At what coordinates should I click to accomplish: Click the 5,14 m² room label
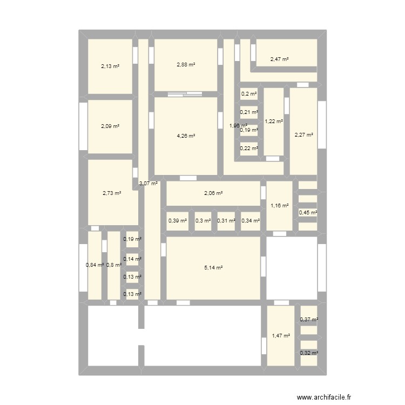pyautogui.click(x=213, y=267)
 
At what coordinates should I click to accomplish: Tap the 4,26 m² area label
pyautogui.click(x=186, y=136)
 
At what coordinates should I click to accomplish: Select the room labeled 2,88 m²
pyautogui.click(x=186, y=65)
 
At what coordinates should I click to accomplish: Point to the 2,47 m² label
pyautogui.click(x=279, y=59)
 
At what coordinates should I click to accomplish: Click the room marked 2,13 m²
pyautogui.click(x=110, y=66)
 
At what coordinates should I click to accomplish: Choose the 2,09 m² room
pyautogui.click(x=110, y=126)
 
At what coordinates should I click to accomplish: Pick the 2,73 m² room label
pyautogui.click(x=112, y=193)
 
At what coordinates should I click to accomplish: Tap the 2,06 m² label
pyautogui.click(x=213, y=193)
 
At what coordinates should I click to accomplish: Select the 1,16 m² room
pyautogui.click(x=279, y=206)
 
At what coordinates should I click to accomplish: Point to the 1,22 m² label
pyautogui.click(x=273, y=122)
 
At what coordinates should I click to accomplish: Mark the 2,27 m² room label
pyautogui.click(x=303, y=134)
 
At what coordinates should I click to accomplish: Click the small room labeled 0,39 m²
pyautogui.click(x=178, y=220)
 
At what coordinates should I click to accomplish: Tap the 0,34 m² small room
pyautogui.click(x=251, y=220)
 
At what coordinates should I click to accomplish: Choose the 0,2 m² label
pyautogui.click(x=249, y=94)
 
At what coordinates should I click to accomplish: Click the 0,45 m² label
pyautogui.click(x=308, y=212)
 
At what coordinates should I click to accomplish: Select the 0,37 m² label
pyautogui.click(x=309, y=320)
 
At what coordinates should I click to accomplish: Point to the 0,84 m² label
pyautogui.click(x=94, y=265)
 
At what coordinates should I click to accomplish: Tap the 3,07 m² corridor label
pyautogui.click(x=148, y=184)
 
